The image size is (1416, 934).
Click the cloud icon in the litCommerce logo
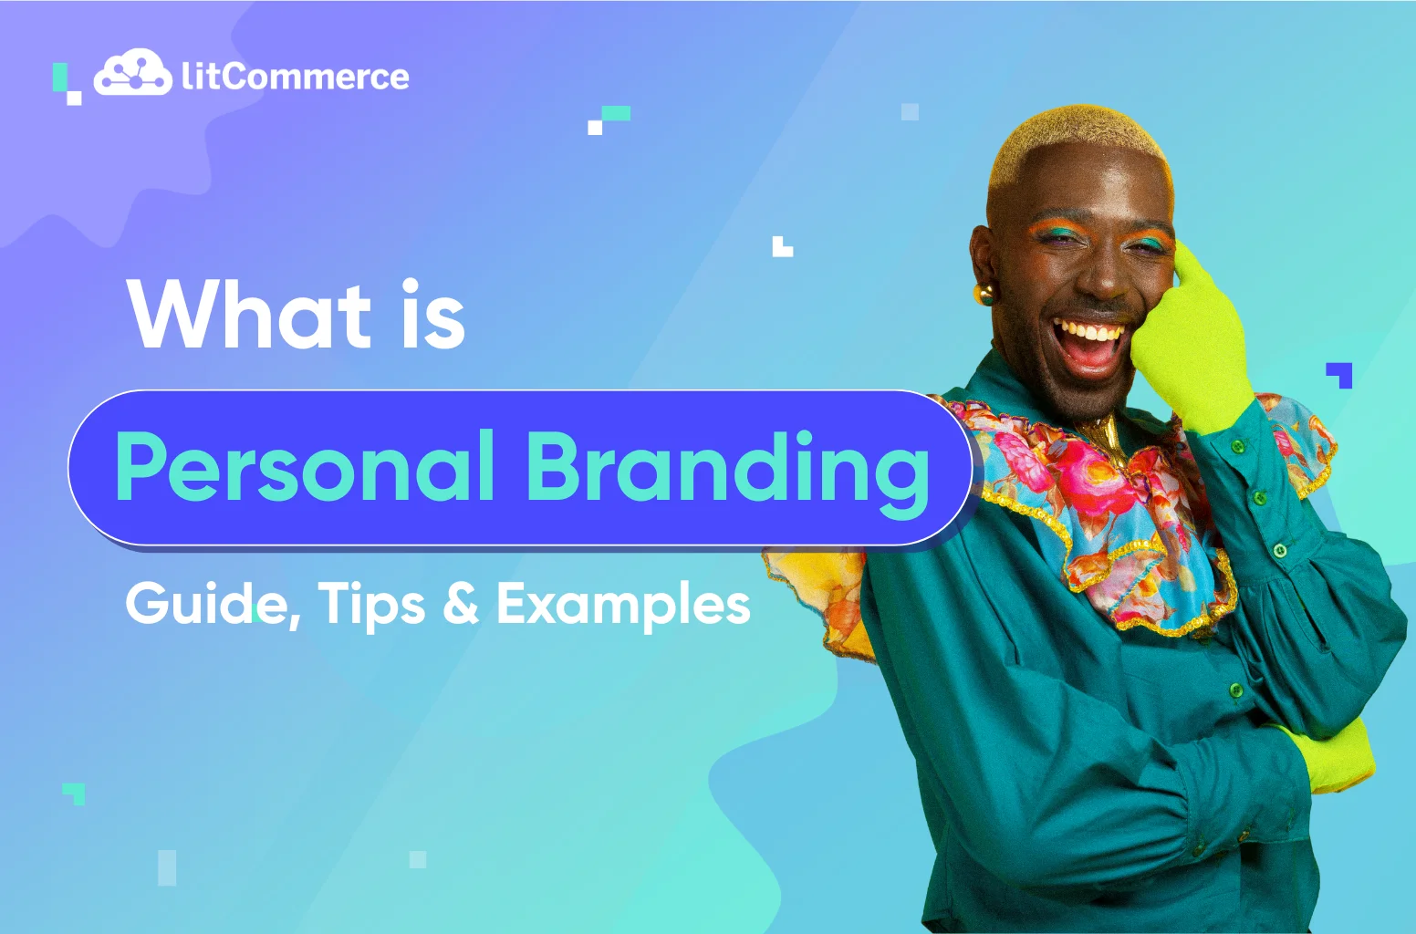click(x=133, y=72)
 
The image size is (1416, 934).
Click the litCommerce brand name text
click(x=296, y=77)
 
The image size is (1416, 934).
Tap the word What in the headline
click(x=249, y=316)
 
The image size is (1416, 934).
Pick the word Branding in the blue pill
click(x=728, y=474)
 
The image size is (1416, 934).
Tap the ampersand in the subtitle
click(x=461, y=604)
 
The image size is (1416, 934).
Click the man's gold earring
click(x=984, y=294)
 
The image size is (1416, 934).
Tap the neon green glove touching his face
click(x=1197, y=338)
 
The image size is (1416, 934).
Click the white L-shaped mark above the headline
click(x=783, y=246)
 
